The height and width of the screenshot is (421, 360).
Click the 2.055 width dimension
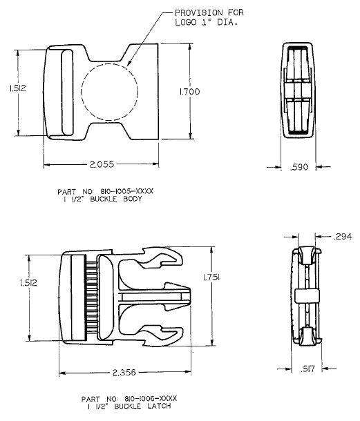pyautogui.click(x=101, y=164)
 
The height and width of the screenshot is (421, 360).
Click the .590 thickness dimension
pyautogui.click(x=299, y=166)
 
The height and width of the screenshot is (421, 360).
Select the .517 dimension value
pyautogui.click(x=307, y=369)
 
